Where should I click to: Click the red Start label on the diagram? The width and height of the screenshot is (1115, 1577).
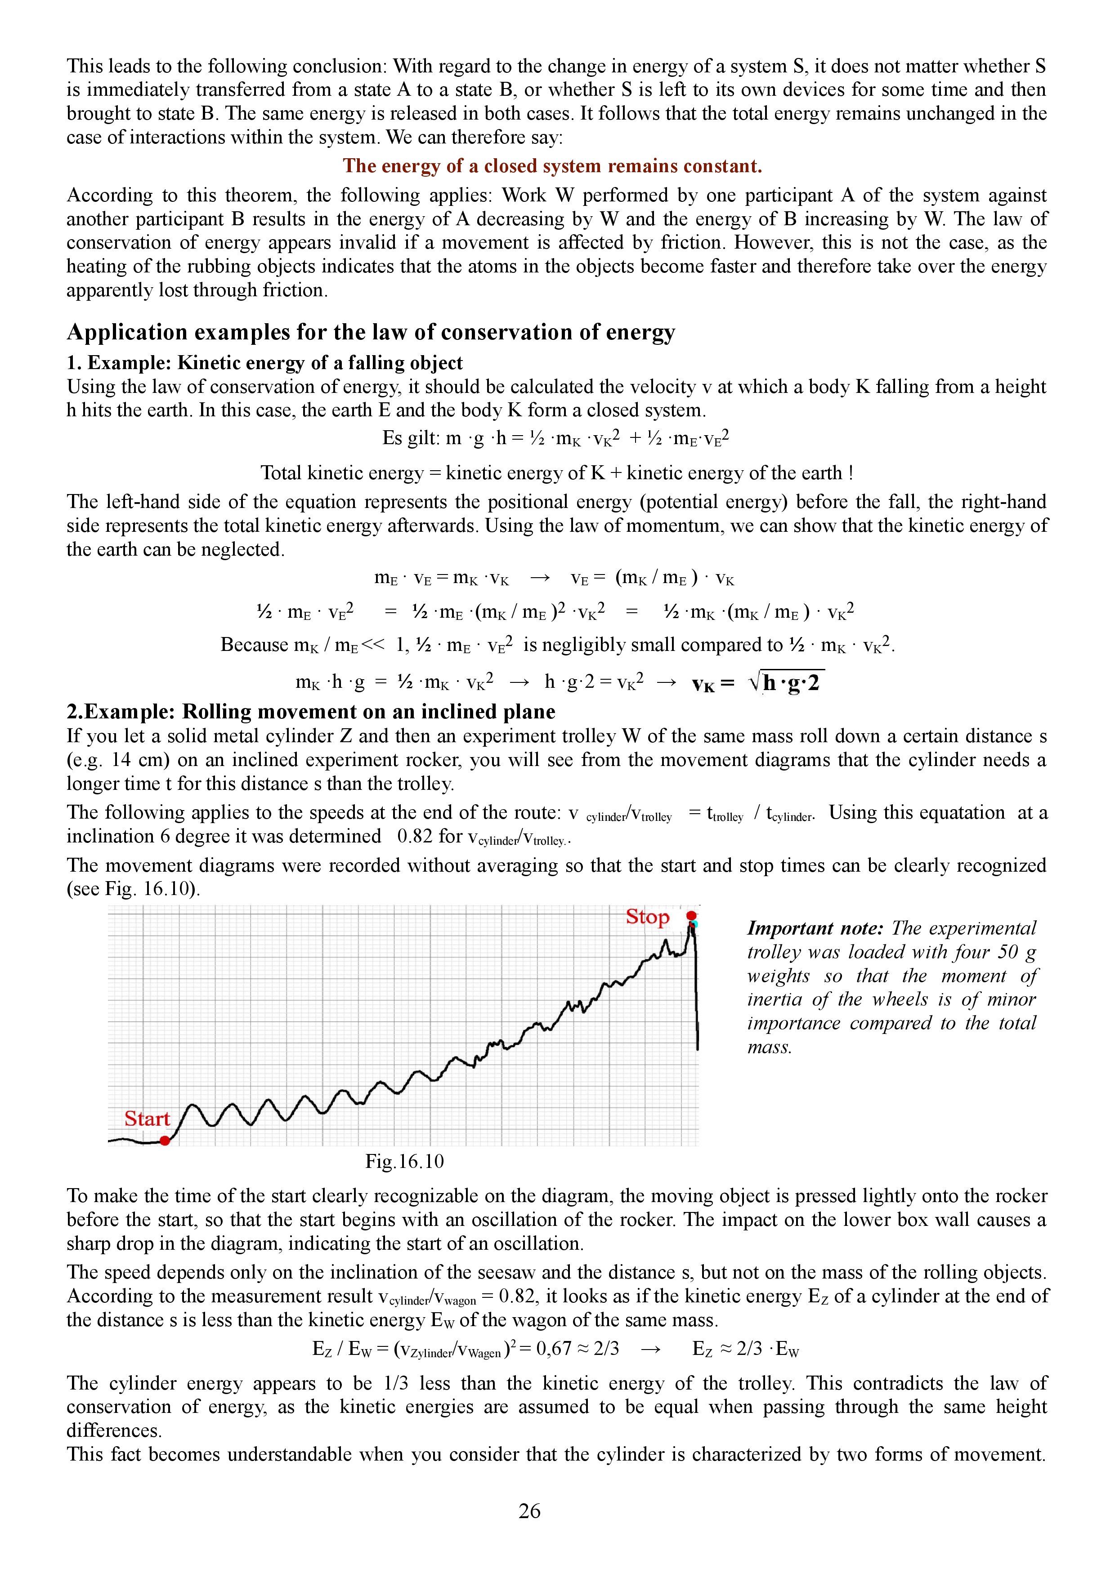coord(146,1119)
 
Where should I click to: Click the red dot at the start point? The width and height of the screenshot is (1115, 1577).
coord(165,1141)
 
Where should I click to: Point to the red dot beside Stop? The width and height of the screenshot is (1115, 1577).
coord(691,916)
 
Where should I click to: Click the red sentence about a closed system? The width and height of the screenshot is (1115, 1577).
coord(552,166)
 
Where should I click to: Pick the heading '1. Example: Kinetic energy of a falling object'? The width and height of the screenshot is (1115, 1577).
coord(264,363)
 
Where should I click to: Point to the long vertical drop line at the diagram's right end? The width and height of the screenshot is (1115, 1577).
coord(697,996)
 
